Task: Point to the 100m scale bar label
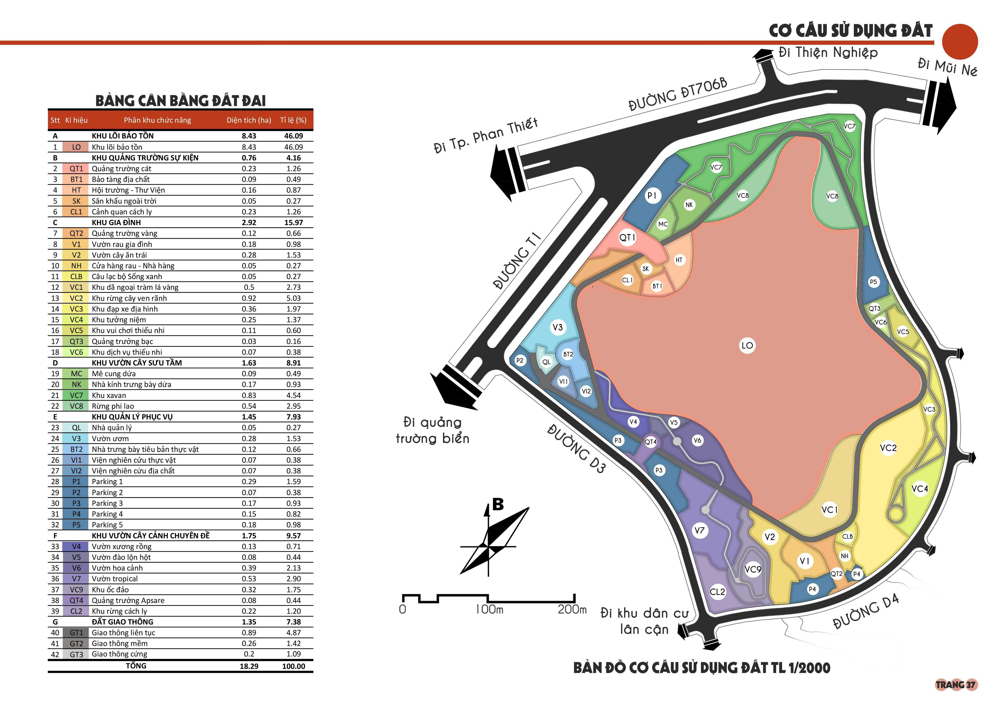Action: (x=489, y=609)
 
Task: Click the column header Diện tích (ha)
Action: (x=249, y=120)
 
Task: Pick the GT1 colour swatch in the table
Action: (x=76, y=633)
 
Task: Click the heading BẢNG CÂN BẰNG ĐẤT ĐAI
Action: (x=180, y=101)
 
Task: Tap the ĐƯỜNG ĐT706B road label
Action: (x=678, y=94)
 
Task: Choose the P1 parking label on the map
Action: (x=652, y=196)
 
